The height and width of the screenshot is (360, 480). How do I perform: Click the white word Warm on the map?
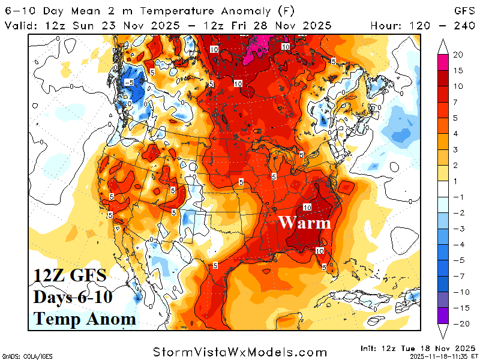[x=304, y=223]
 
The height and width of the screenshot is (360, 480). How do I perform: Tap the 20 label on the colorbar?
[x=458, y=55]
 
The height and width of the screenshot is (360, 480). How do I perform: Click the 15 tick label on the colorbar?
[x=458, y=71]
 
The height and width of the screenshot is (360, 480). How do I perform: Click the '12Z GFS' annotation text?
[x=70, y=277]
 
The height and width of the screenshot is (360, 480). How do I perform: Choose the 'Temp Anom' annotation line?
[x=85, y=319]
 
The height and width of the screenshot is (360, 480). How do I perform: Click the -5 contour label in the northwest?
[x=128, y=82]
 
